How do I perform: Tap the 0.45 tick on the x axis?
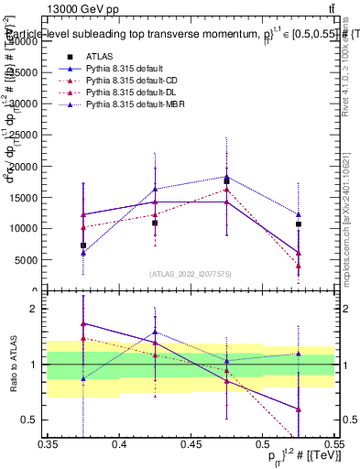click(191, 444)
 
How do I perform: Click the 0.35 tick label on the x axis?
click(48, 444)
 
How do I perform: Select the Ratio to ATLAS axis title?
click(12, 365)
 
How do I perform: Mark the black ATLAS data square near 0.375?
click(83, 245)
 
